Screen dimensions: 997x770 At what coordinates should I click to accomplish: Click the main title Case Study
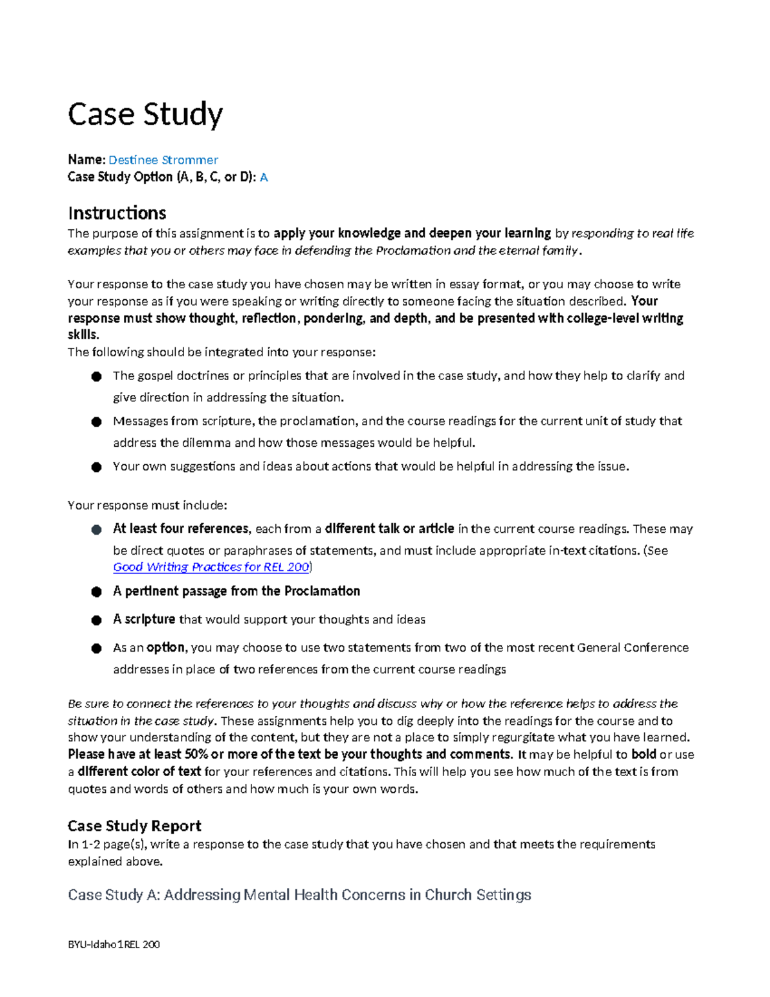[145, 114]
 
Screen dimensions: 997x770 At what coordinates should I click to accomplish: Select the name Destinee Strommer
[163, 160]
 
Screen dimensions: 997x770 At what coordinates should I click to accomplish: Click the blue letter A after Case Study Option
[263, 177]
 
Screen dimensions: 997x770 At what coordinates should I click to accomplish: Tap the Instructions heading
[117, 212]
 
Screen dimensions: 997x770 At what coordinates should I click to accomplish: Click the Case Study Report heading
[134, 826]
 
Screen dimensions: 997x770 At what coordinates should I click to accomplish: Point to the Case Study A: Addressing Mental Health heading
[299, 894]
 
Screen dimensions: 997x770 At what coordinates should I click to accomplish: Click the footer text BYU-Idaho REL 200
[114, 944]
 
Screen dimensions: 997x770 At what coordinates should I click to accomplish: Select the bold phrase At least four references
[180, 528]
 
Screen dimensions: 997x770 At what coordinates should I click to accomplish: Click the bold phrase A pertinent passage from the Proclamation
[236, 591]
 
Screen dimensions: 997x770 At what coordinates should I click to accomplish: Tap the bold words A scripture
[144, 619]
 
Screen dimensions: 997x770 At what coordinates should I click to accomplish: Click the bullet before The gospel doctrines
[96, 376]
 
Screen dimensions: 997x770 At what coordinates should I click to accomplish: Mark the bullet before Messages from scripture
[96, 422]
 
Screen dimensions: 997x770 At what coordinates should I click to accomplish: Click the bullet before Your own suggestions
[96, 467]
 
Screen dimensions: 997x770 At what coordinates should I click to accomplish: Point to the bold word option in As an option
[166, 647]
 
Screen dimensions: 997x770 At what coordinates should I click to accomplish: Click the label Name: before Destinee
[86, 160]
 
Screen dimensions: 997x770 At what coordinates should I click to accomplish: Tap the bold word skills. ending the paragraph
[83, 334]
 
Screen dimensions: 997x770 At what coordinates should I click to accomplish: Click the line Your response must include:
[147, 505]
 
